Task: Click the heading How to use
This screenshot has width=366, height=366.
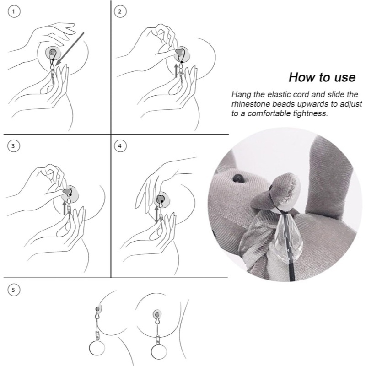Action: [x=322, y=76]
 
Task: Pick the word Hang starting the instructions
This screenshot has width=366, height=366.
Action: [x=241, y=95]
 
